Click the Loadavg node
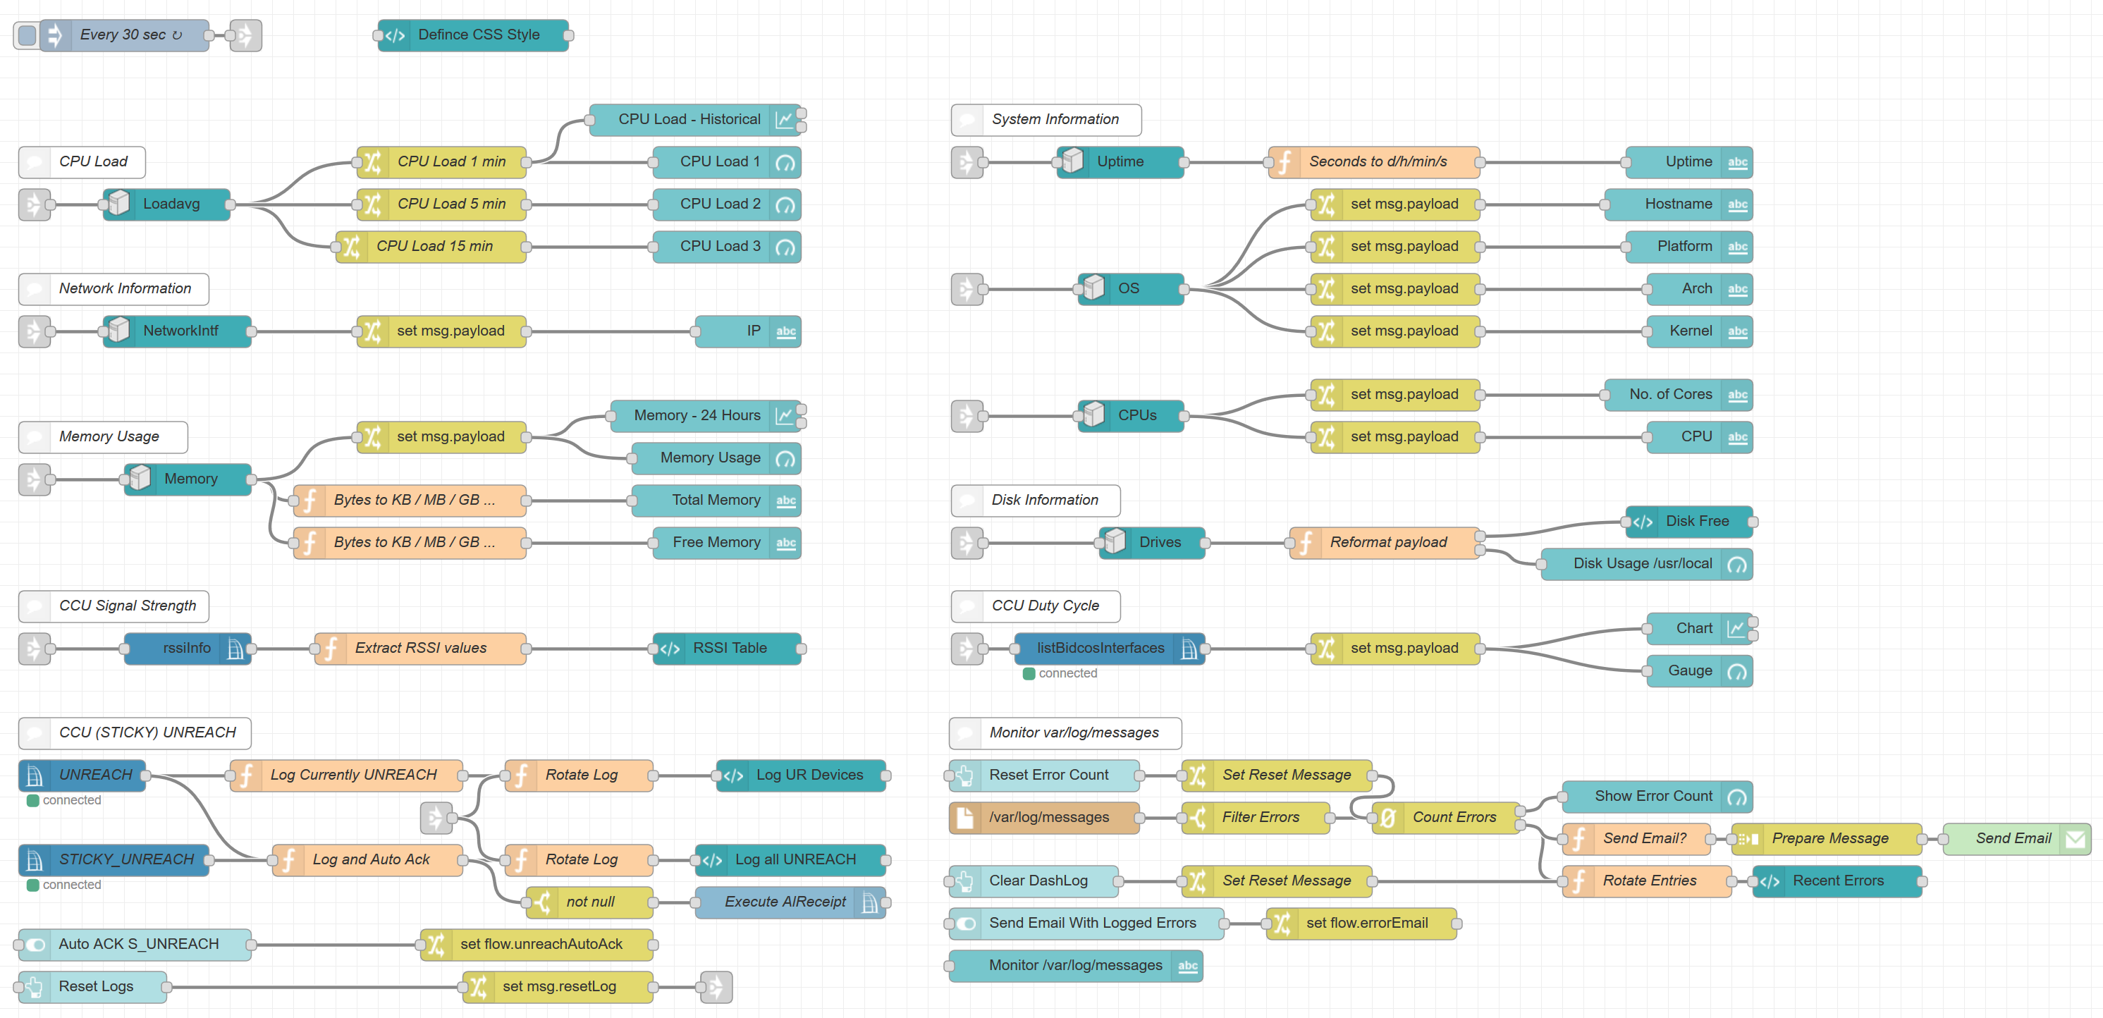pos(171,204)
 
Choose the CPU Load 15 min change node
pos(434,247)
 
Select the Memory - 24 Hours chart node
pos(697,415)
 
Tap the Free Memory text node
pos(716,543)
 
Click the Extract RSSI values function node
pos(420,648)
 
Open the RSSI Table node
pos(729,648)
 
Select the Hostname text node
pos(1678,204)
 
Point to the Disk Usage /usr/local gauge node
pos(1642,563)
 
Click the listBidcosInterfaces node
pos(1100,648)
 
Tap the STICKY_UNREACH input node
pos(125,859)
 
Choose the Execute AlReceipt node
pos(785,902)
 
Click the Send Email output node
pos(2012,838)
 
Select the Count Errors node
pos(1453,817)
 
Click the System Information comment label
pos(1054,119)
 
